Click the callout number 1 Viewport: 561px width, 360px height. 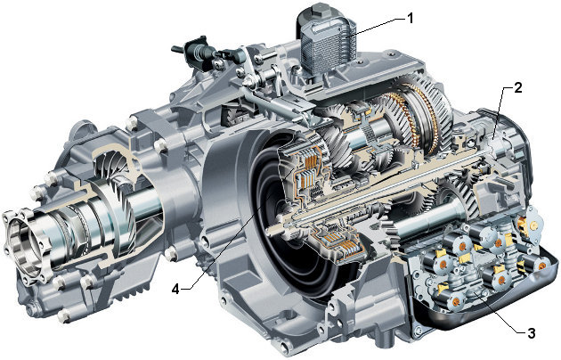click(x=411, y=18)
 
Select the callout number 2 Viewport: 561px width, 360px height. click(x=517, y=87)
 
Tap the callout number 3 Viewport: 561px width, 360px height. click(x=532, y=333)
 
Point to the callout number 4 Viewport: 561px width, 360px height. click(x=175, y=289)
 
